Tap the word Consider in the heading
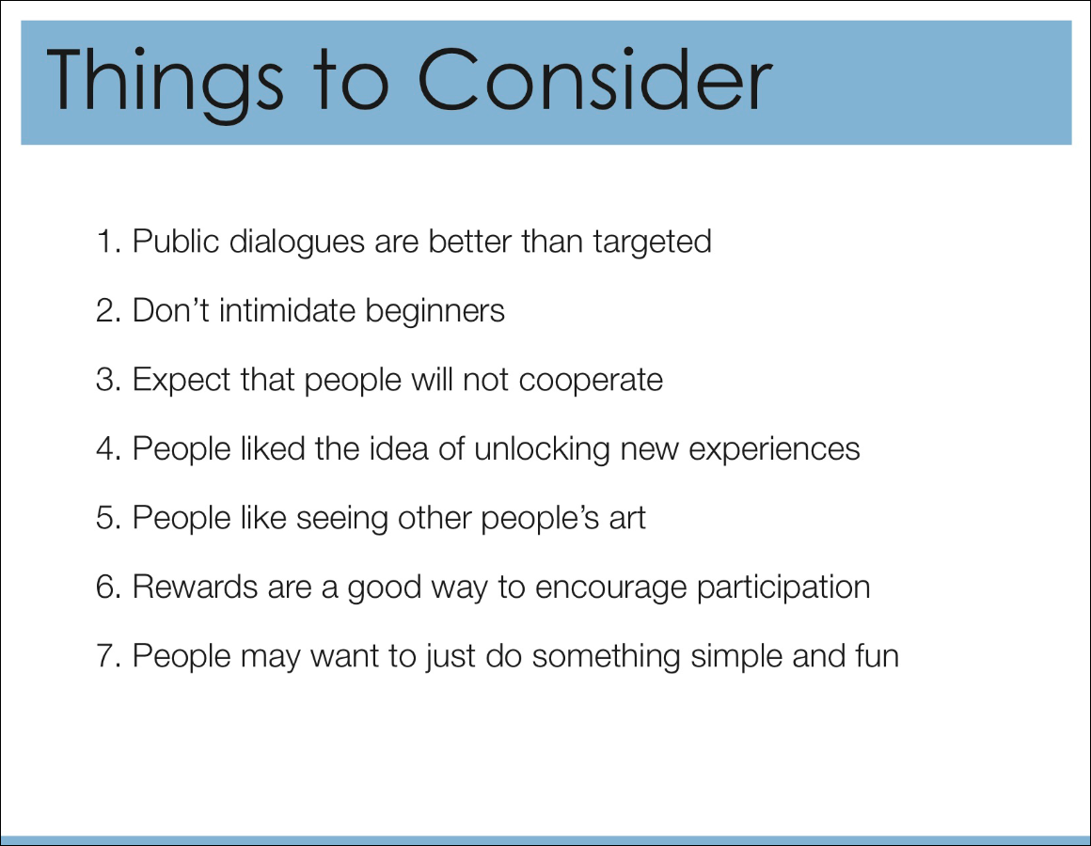pos(595,79)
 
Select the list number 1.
pos(109,242)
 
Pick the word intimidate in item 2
pos(288,310)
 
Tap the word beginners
pos(435,312)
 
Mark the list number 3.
pos(109,381)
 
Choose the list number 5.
pos(109,519)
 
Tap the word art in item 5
pos(627,519)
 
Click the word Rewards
pos(196,587)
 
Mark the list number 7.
pos(109,656)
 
